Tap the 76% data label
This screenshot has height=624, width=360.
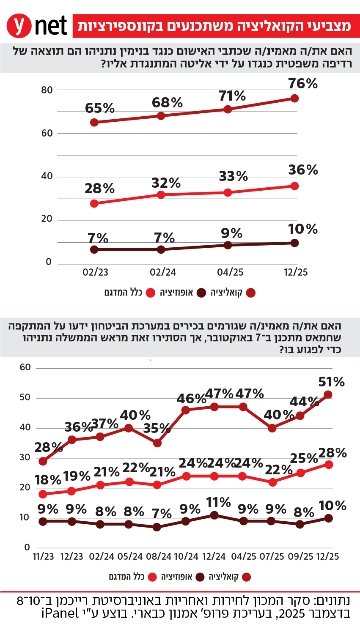pyautogui.click(x=303, y=84)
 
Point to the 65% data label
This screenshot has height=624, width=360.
pyautogui.click(x=100, y=108)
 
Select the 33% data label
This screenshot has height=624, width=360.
pyautogui.click(x=233, y=176)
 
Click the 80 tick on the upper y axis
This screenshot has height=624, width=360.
pyautogui.click(x=47, y=90)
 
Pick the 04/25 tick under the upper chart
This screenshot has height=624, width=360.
pyautogui.click(x=230, y=272)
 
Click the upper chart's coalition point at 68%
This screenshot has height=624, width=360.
pyautogui.click(x=161, y=116)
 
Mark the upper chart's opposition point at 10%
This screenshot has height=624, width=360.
pyautogui.click(x=295, y=243)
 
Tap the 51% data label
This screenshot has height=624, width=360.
pyautogui.click(x=331, y=382)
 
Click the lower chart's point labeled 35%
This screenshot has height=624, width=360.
pyautogui.click(x=157, y=443)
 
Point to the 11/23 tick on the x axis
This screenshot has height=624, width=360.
pyautogui.click(x=44, y=556)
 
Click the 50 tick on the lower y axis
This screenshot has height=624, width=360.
pyautogui.click(x=25, y=397)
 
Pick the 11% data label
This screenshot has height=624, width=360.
pyautogui.click(x=218, y=503)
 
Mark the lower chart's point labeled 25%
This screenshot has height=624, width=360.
pyautogui.click(x=300, y=473)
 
